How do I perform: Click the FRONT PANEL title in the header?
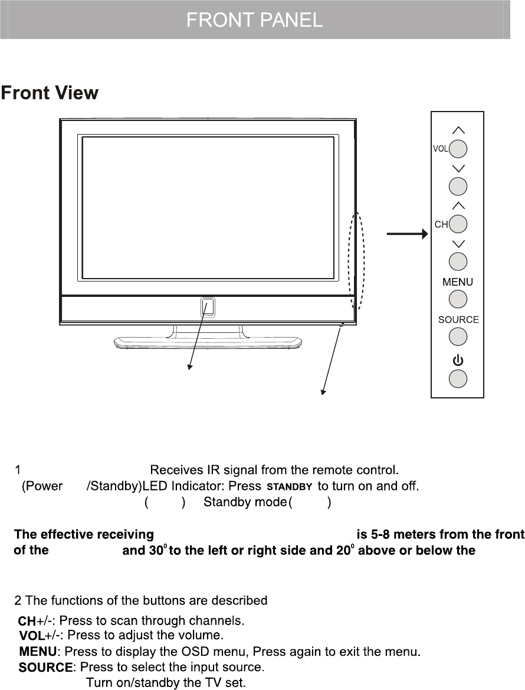(254, 21)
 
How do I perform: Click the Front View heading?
(50, 93)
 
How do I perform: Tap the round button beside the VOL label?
(458, 149)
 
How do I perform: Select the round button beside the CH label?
(458, 224)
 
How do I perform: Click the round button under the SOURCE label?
(458, 336)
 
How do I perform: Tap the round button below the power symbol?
(458, 378)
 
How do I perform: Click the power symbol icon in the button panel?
(458, 359)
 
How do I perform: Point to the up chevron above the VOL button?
(458, 129)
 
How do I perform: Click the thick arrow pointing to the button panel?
(407, 234)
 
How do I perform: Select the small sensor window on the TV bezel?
(208, 306)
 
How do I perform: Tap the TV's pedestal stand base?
(208, 341)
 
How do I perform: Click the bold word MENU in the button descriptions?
(38, 652)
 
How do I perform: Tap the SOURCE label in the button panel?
(458, 320)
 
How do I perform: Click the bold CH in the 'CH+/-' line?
(27, 621)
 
